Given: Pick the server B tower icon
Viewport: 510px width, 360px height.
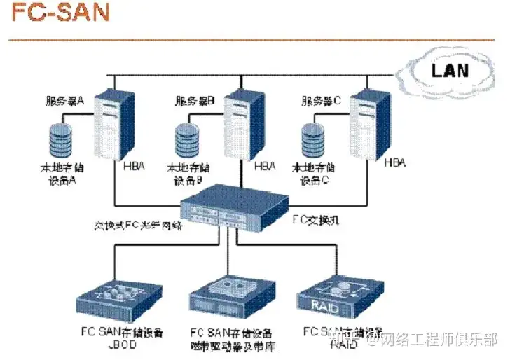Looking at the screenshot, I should [x=242, y=125].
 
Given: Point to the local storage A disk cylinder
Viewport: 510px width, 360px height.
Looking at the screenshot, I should [x=62, y=140].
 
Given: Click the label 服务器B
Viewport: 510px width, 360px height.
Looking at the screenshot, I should [x=194, y=102].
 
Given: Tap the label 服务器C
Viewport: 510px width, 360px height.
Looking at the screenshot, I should [x=320, y=102].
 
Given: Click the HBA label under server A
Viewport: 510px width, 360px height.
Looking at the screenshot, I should [x=134, y=167].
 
